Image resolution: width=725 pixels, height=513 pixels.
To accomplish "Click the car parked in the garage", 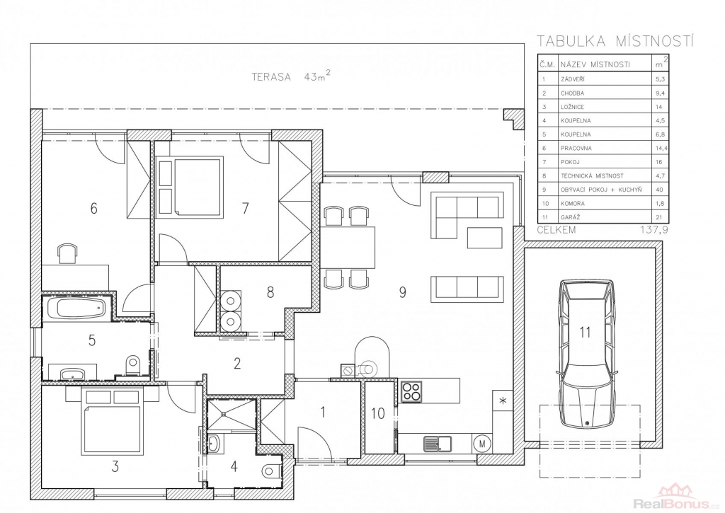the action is (x=587, y=354).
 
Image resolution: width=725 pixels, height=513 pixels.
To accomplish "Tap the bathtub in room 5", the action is (x=76, y=308).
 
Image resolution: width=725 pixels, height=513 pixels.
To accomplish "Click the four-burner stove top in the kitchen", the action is (x=411, y=391).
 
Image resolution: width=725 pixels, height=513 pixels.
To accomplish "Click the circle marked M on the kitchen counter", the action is (x=482, y=444).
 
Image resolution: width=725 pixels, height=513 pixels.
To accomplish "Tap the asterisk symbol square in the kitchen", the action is (x=503, y=400).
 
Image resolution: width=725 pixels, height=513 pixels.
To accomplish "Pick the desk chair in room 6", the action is (x=67, y=254).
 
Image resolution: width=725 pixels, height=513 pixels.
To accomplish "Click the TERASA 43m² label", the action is (x=291, y=76).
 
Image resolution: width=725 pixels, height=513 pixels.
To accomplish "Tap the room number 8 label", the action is (x=270, y=292).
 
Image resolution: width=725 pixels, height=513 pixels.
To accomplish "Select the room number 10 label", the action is (x=378, y=413).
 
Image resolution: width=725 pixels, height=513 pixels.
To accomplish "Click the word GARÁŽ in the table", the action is (x=570, y=217).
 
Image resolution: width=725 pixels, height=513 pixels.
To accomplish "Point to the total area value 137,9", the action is (x=654, y=230).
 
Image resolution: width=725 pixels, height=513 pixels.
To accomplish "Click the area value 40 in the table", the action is (x=659, y=190).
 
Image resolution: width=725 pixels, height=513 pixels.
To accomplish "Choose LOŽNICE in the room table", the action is (x=572, y=107).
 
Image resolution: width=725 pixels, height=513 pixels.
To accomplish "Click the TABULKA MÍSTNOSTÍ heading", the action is (x=615, y=42).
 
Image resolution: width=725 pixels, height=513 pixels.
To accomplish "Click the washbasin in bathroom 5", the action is (x=72, y=374).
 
